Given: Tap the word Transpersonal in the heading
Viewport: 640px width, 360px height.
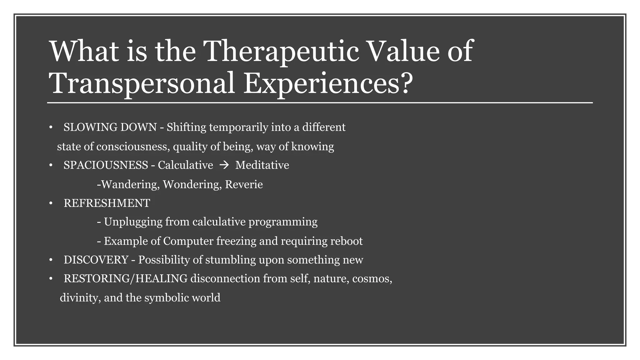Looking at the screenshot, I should pos(142,83).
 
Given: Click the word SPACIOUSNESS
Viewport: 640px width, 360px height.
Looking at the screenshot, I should pos(106,165).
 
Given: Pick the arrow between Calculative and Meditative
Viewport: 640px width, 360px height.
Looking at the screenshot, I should pos(224,165).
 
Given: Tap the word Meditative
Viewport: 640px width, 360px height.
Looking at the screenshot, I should pos(262,165).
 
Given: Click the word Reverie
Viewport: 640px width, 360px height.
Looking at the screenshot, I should pos(244,185).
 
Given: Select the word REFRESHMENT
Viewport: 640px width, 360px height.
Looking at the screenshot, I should pos(107,203).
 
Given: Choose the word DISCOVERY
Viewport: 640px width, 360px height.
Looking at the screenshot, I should pos(96,260).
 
